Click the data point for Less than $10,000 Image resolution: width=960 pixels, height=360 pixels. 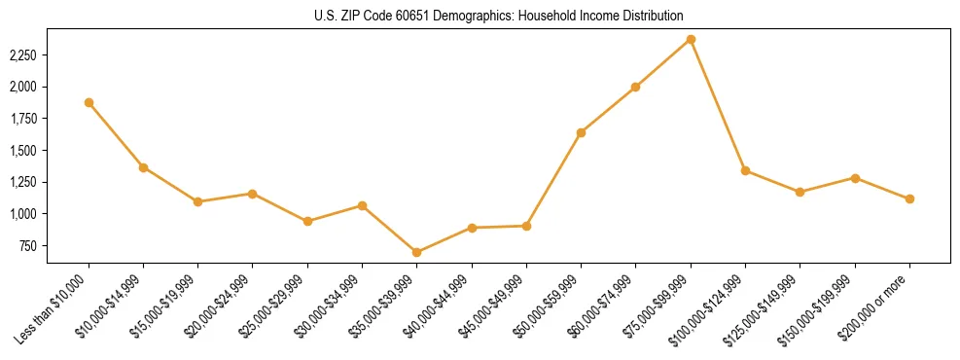point(89,102)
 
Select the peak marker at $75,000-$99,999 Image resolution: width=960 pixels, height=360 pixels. point(691,39)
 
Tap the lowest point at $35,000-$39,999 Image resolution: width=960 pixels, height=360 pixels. point(416,252)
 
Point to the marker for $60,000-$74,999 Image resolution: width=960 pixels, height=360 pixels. point(635,87)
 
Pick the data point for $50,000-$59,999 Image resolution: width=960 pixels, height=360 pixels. point(581,132)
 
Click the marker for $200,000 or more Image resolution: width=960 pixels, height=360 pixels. point(909,198)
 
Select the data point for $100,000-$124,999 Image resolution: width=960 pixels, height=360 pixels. point(745,170)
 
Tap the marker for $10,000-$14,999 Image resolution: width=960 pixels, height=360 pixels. point(143,167)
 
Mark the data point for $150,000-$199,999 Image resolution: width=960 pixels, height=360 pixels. point(855,178)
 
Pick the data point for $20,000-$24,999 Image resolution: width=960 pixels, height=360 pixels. point(252,194)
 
